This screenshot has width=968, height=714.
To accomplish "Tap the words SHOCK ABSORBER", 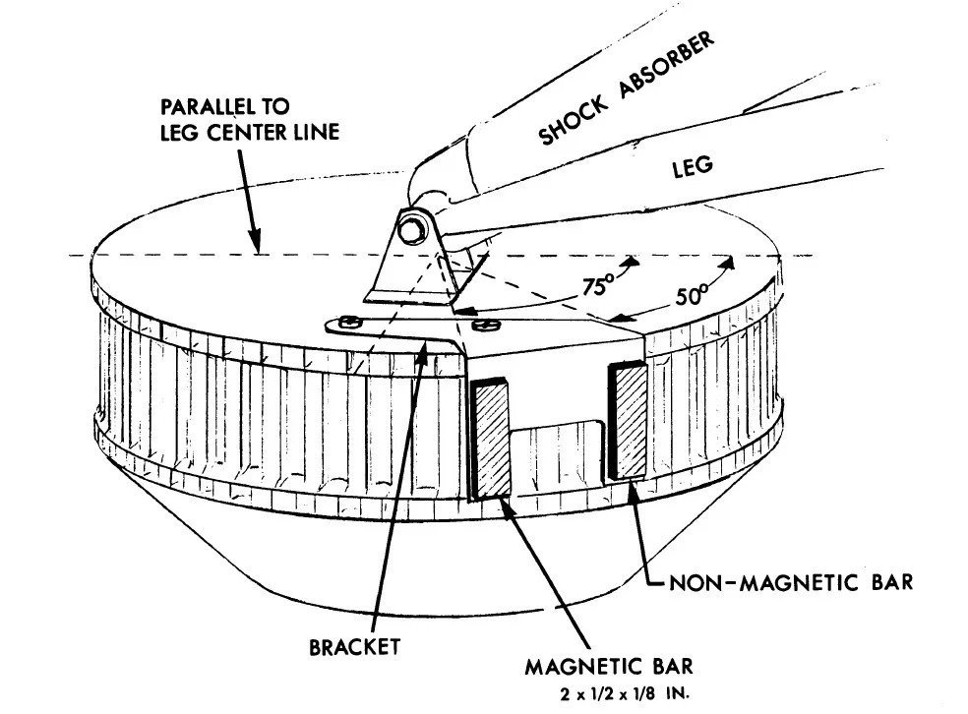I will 624,89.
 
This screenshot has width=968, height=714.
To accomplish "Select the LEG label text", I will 693,168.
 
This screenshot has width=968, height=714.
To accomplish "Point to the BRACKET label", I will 355,646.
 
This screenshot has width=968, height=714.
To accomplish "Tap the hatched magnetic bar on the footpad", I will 491,438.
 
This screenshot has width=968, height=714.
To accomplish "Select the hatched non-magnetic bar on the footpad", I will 628,421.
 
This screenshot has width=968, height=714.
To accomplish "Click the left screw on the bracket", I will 346,321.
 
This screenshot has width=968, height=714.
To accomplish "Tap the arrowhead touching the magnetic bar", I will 505,501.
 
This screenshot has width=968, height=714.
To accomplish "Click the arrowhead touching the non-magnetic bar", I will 634,487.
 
